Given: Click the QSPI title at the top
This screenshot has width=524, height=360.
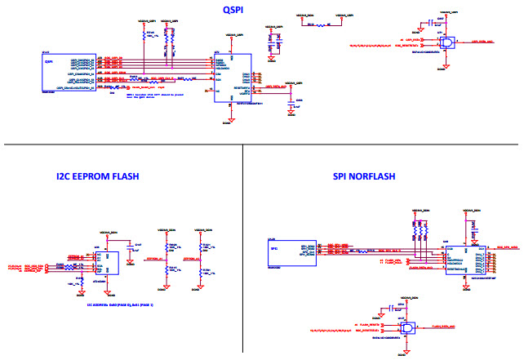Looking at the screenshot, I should pos(236,10).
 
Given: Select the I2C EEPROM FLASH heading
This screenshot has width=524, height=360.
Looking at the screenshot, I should pos(97,176).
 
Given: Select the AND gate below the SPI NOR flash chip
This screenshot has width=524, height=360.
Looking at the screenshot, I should pos(405,327).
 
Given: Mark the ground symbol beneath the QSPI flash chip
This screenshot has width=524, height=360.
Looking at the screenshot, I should pos(231,120).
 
